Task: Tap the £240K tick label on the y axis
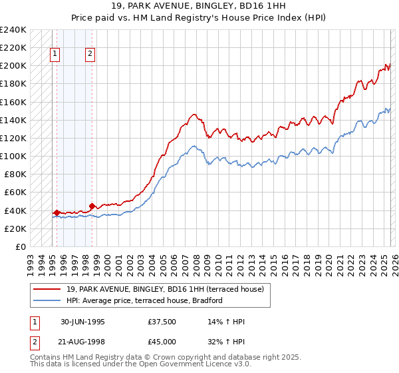[x=13, y=30]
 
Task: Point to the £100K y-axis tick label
[x=13, y=156]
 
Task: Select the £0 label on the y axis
[x=21, y=246]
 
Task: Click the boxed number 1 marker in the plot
[x=55, y=55]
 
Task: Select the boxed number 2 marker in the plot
[x=90, y=55]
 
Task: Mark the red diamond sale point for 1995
[x=57, y=212]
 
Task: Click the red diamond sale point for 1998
[x=92, y=206]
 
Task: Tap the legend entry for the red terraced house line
[x=165, y=289]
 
